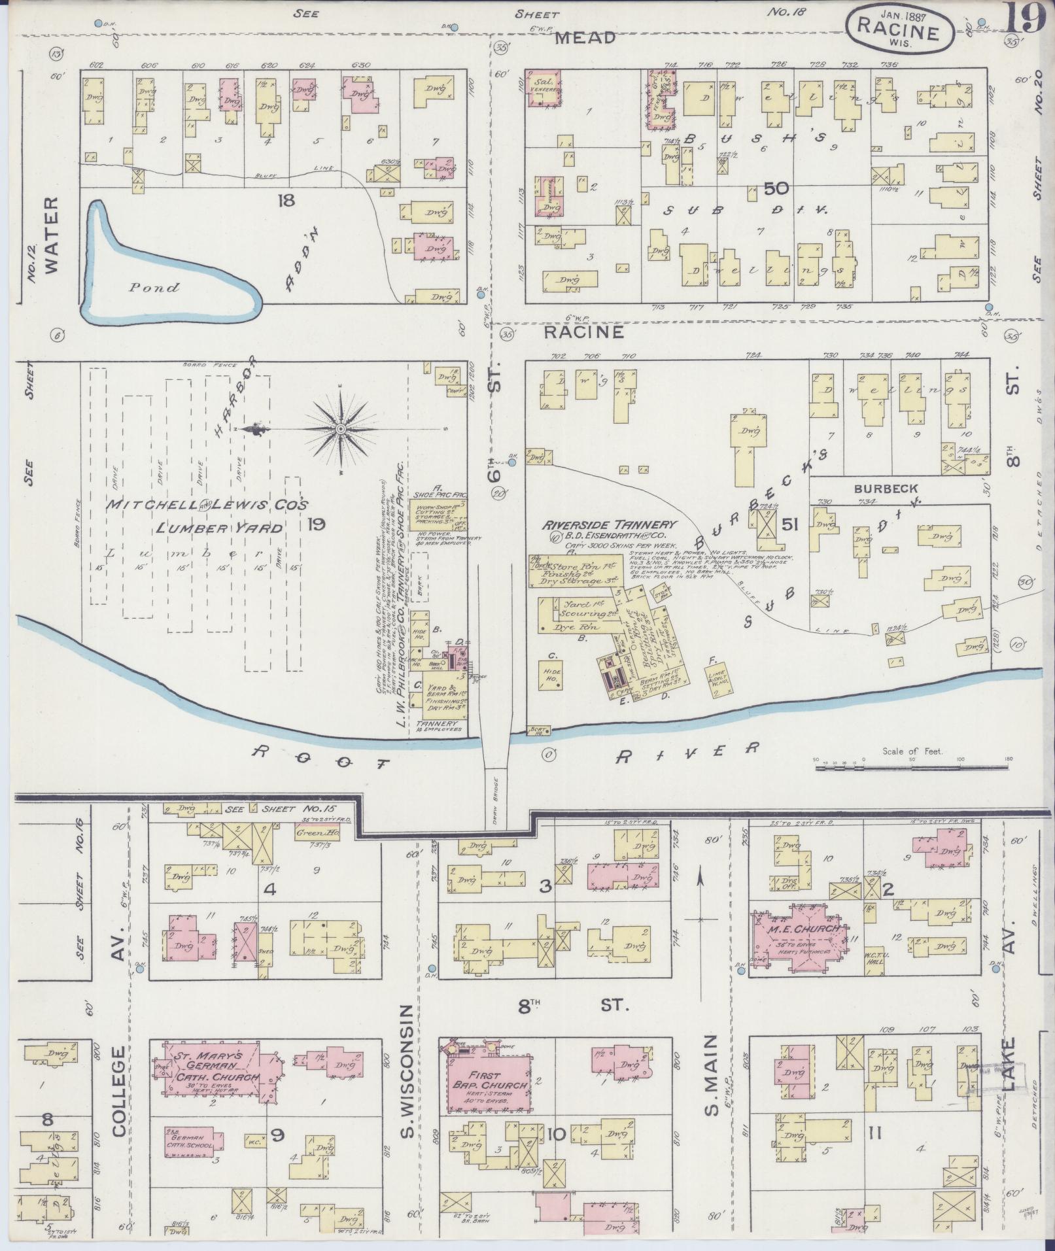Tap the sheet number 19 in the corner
point(1025,18)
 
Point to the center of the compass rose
point(341,429)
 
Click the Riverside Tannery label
point(608,524)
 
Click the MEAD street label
point(585,39)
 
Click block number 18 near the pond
point(286,201)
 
